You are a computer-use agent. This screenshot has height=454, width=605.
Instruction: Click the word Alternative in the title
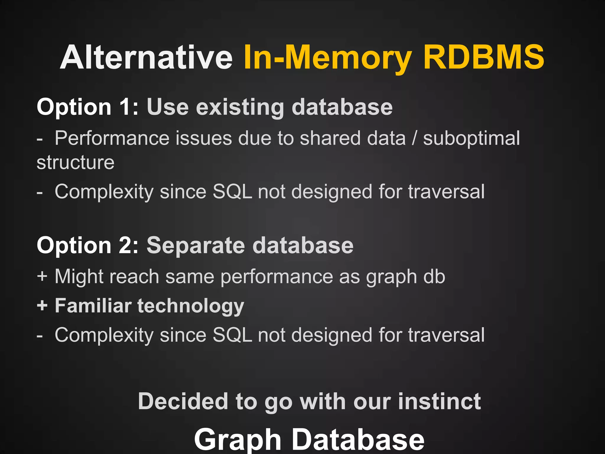[147, 57]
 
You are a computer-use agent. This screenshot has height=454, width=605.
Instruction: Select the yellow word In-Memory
[328, 57]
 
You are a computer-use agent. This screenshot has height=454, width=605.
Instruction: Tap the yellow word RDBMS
[484, 57]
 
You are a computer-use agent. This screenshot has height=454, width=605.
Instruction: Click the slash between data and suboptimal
[414, 138]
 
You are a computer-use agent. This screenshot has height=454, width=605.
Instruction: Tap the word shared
[330, 138]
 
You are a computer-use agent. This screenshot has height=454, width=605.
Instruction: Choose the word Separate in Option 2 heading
[196, 246]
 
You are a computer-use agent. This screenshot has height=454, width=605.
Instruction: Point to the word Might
[78, 277]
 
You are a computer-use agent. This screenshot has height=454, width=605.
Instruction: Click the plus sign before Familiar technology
[42, 305]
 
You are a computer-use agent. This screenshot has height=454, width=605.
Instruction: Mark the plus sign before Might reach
[42, 276]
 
